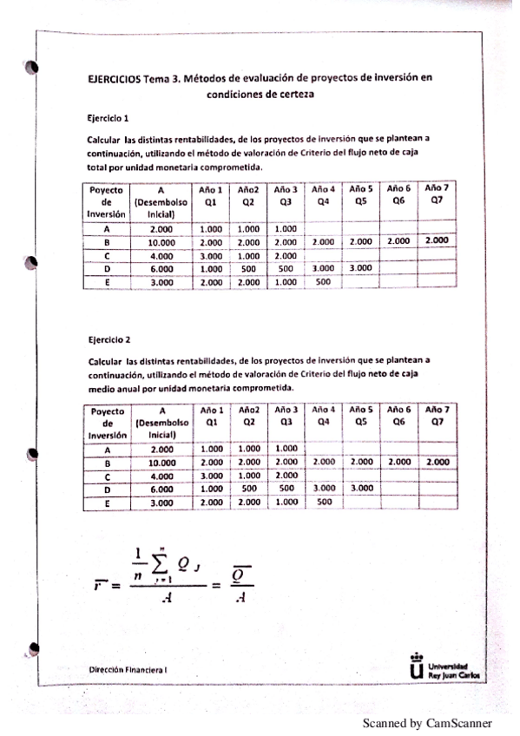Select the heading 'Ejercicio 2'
pyautogui.click(x=108, y=339)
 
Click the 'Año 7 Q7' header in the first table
pyautogui.click(x=438, y=194)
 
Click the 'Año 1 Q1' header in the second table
pyautogui.click(x=212, y=416)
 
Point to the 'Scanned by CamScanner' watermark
pyautogui.click(x=427, y=722)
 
